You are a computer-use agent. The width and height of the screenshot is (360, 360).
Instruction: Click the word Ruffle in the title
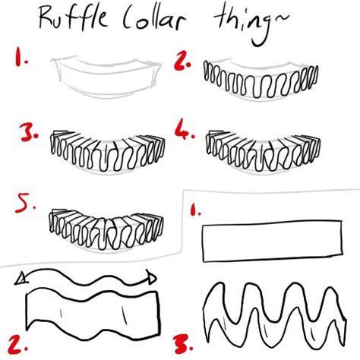pyautogui.click(x=74, y=17)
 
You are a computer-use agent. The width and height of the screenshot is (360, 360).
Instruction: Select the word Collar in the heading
pyautogui.click(x=153, y=19)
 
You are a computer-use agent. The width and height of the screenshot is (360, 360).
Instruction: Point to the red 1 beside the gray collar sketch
pyautogui.click(x=20, y=58)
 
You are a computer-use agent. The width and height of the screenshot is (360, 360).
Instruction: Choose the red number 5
pyautogui.click(x=24, y=203)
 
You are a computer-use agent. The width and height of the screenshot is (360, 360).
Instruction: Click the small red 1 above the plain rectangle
pyautogui.click(x=194, y=210)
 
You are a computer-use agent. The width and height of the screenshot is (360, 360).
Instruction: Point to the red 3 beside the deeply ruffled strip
pyautogui.click(x=183, y=344)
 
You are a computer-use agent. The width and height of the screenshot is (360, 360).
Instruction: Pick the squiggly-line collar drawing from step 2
pyautogui.click(x=261, y=79)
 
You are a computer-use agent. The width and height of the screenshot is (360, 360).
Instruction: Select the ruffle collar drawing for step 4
pyautogui.click(x=264, y=151)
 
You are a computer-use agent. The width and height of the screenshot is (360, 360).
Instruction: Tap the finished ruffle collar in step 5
pyautogui.click(x=106, y=229)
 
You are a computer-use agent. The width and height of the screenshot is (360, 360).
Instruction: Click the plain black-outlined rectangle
pyautogui.click(x=273, y=241)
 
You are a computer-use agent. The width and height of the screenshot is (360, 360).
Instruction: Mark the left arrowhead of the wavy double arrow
pyautogui.click(x=20, y=279)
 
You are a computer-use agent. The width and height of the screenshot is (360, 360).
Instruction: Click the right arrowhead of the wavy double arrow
pyautogui.click(x=151, y=277)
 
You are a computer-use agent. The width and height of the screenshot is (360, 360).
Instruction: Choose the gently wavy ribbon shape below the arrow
pyautogui.click(x=93, y=314)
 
